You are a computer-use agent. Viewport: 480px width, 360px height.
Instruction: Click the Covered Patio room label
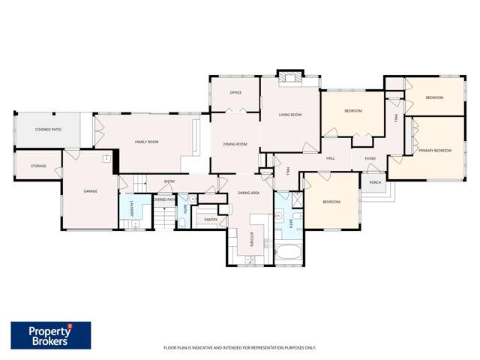tap(47, 130)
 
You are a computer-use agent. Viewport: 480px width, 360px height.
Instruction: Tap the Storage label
tap(38, 166)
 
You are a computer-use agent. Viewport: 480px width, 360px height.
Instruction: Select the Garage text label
tap(90, 191)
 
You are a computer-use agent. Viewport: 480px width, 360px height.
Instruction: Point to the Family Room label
tap(146, 142)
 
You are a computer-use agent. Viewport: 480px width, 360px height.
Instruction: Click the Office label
tap(235, 92)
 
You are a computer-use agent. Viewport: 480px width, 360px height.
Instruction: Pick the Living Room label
tap(289, 115)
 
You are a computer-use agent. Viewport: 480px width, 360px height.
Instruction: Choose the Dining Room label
tap(235, 144)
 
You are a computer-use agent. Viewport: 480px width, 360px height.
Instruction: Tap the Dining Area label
tap(249, 193)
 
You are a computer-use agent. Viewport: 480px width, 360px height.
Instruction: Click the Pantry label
tap(211, 220)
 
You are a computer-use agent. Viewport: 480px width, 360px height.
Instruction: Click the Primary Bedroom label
tap(436, 151)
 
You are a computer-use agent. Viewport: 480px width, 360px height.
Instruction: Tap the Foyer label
tap(370, 159)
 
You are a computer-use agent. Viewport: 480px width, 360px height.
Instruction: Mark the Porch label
tap(375, 182)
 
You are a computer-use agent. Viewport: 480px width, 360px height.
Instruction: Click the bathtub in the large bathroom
tap(289, 251)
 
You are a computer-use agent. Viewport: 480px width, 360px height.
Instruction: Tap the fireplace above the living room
tap(289, 77)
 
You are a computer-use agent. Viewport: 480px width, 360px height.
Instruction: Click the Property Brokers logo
tap(51, 334)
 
